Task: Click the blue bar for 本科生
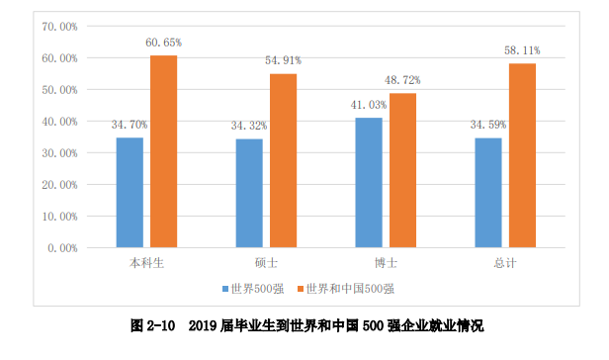[130, 192]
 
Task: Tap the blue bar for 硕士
[249, 193]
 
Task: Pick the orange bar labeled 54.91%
[283, 160]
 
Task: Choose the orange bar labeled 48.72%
[402, 170]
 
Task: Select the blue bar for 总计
[488, 192]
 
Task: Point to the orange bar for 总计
[522, 155]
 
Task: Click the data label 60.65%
[163, 43]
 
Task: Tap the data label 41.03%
[368, 106]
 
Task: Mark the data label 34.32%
[249, 127]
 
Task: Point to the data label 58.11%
[522, 50]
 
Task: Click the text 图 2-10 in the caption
[153, 325]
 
